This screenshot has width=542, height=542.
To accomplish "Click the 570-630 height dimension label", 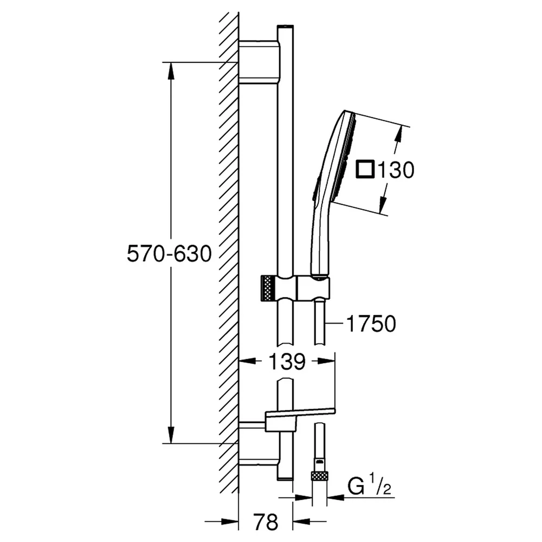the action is click(x=169, y=253).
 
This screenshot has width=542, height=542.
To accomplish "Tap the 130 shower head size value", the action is click(x=396, y=170).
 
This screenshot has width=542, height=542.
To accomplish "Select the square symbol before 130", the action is click(x=365, y=169).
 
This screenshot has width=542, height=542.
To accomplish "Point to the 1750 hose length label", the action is click(x=371, y=324).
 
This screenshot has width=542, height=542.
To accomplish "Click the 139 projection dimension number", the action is click(x=287, y=361).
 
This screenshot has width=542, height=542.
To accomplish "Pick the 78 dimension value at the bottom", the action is click(x=266, y=522).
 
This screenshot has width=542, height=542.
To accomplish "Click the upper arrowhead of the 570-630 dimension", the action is click(x=170, y=72).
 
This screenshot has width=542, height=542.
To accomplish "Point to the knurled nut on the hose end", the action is click(x=319, y=476).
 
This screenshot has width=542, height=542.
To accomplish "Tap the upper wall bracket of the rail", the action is click(x=259, y=62).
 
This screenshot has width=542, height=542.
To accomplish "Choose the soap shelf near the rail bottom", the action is click(x=300, y=420).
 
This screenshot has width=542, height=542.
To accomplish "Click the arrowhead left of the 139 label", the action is click(x=248, y=361).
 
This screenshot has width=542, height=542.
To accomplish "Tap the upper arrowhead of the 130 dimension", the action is click(x=399, y=135).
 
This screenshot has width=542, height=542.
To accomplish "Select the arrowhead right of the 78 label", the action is click(x=302, y=521).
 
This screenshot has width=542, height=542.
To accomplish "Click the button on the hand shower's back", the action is click(x=315, y=189).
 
